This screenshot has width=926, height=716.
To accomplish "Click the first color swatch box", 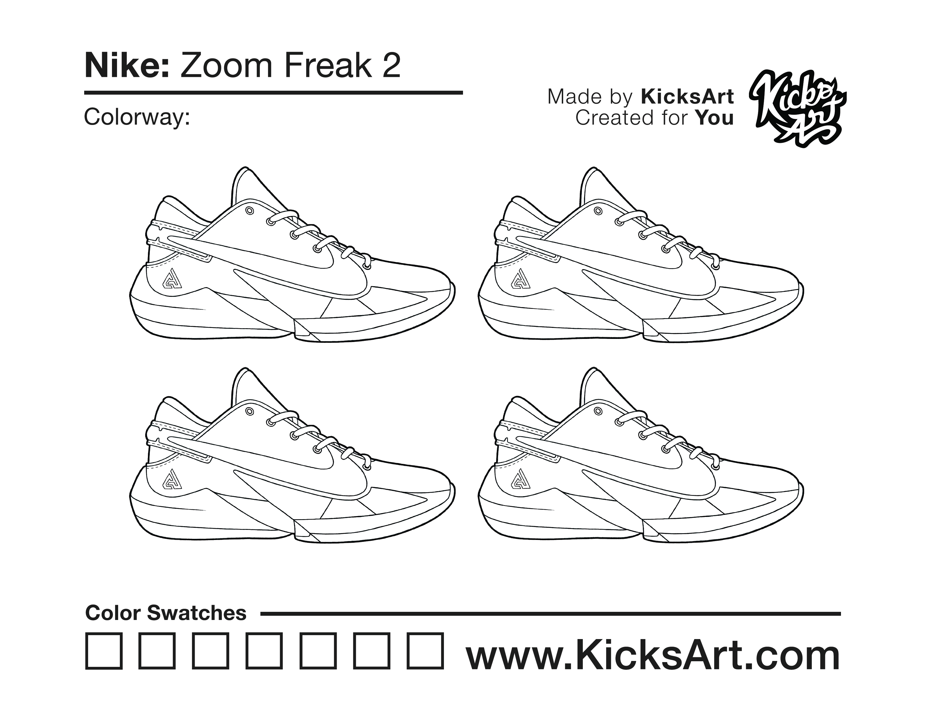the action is point(104,651).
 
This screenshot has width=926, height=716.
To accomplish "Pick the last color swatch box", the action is point(425,651).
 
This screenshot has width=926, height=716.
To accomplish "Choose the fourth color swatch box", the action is point(265,651).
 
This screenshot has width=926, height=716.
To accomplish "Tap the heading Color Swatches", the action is point(166,613).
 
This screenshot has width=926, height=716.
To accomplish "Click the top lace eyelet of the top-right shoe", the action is point(598,211).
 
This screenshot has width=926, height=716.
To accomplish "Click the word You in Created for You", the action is point(714,118).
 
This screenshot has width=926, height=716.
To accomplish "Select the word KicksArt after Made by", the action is point(687,97).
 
